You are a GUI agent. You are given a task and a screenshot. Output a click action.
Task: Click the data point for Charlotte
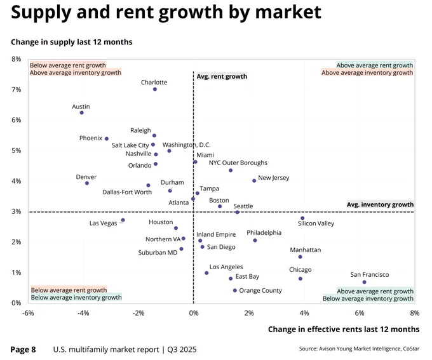(x=155, y=90)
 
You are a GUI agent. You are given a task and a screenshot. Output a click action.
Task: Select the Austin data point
(x=81, y=112)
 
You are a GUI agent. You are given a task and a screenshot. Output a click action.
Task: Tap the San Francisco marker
(x=364, y=282)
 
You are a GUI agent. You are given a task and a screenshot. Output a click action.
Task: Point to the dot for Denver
(x=87, y=183)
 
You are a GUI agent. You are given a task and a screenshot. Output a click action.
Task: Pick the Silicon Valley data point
(x=302, y=218)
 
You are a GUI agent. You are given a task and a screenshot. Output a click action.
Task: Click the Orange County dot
(x=234, y=290)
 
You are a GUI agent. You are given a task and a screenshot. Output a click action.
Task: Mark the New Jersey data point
(x=254, y=181)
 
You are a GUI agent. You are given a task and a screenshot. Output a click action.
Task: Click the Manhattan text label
(x=306, y=250)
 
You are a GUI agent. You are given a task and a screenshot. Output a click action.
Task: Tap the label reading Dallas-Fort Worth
(x=127, y=192)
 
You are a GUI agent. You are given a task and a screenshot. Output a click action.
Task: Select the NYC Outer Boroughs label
(x=238, y=163)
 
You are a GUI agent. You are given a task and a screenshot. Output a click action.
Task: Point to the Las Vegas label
(x=104, y=223)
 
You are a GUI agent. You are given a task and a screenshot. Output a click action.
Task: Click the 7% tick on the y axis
(x=17, y=90)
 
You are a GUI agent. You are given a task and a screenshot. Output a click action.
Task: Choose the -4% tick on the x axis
(x=83, y=313)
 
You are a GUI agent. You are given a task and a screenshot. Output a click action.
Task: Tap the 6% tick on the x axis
(x=360, y=313)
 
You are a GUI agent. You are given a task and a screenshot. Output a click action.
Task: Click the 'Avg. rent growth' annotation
(x=222, y=76)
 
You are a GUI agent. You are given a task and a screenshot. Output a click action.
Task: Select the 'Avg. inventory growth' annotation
(x=380, y=204)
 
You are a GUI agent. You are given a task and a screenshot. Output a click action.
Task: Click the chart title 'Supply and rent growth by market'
(x=166, y=12)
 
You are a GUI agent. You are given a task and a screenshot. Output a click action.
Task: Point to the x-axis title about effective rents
(x=344, y=330)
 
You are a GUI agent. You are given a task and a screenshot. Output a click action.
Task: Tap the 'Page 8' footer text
(x=23, y=350)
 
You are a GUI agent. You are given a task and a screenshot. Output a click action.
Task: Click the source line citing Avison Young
(x=360, y=349)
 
